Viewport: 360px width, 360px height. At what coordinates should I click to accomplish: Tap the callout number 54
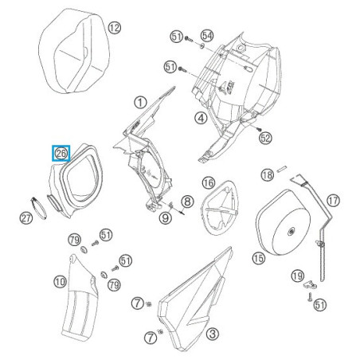tap(208, 36)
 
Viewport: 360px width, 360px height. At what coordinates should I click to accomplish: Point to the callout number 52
tap(265, 138)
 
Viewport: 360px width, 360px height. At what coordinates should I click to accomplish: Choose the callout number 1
tap(139, 102)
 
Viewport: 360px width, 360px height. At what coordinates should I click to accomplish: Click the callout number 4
tap(202, 118)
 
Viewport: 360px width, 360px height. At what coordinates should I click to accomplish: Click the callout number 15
tap(258, 258)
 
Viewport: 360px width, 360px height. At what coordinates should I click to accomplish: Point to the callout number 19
tap(296, 276)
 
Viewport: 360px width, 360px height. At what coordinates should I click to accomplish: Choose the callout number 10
tap(60, 281)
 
